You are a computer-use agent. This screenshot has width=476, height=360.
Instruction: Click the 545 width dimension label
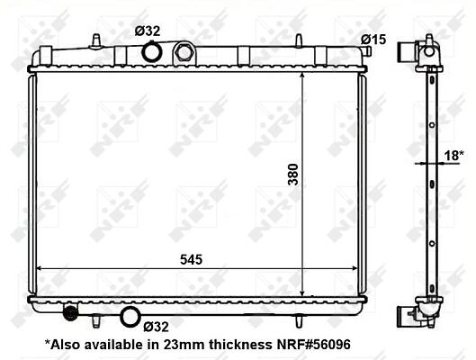(192, 260)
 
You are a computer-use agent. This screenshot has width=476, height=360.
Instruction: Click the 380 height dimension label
(293, 175)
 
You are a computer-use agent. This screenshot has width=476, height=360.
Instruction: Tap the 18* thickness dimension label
(454, 156)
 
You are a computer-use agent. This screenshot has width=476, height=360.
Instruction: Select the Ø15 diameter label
(373, 40)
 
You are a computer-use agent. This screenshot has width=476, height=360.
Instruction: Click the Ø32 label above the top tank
(148, 31)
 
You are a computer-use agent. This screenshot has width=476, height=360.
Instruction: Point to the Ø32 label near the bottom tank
(156, 327)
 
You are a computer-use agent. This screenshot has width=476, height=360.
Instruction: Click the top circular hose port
(152, 52)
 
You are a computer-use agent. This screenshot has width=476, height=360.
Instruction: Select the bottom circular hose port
(130, 317)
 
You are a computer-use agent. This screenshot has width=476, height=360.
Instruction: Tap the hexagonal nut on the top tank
(184, 52)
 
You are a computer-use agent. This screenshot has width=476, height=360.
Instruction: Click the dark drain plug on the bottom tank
(70, 311)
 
